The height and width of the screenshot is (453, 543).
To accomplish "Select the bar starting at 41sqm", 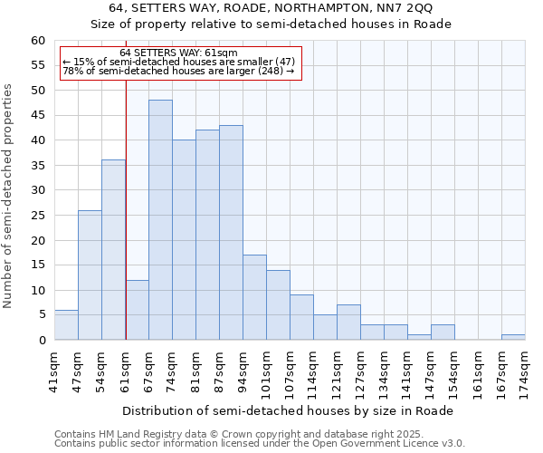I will click(x=66, y=325).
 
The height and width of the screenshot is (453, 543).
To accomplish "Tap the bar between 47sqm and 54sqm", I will click(x=90, y=275).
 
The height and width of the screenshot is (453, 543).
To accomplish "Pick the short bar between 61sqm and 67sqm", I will click(x=137, y=310).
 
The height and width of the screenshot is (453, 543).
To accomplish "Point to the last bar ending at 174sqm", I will click(x=513, y=337).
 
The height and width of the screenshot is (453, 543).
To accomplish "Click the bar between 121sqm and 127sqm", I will click(x=348, y=323).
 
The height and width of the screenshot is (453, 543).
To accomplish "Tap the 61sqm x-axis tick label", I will click(x=125, y=366).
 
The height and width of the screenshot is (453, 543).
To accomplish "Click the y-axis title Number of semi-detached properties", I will click(x=9, y=196).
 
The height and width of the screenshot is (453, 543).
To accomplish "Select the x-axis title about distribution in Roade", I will click(x=288, y=410).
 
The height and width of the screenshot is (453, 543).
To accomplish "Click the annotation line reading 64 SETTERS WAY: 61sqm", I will click(x=178, y=53).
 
